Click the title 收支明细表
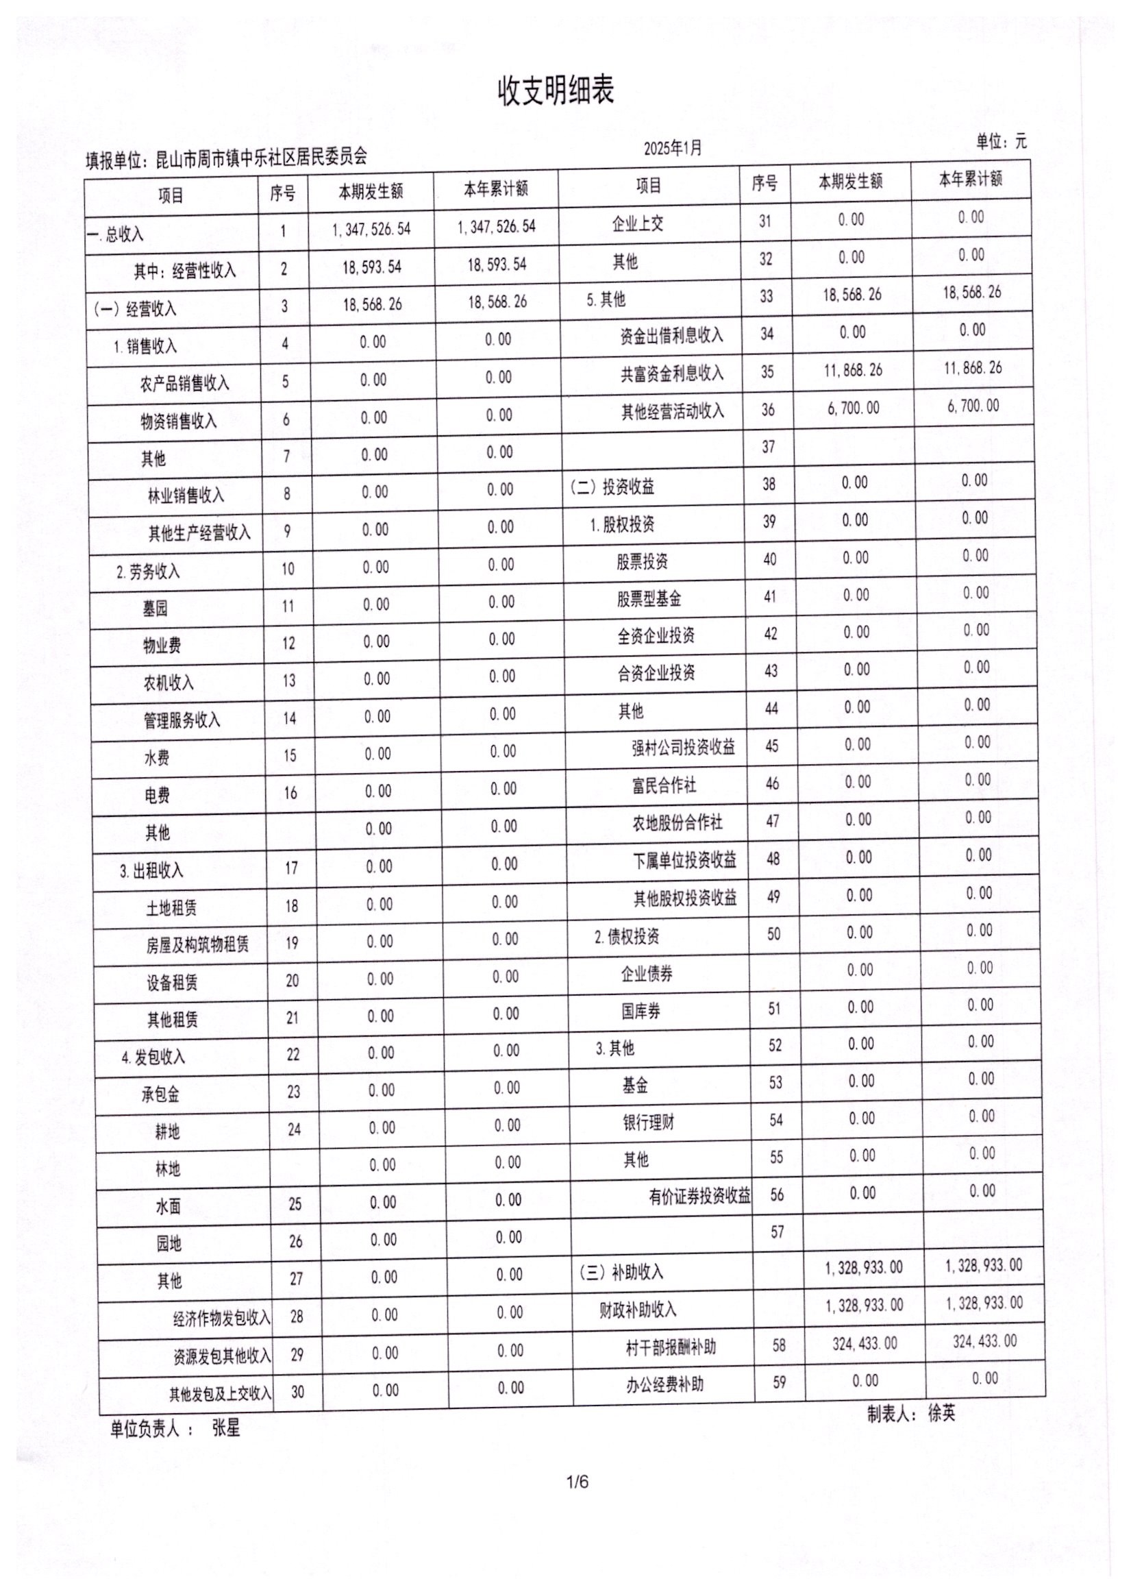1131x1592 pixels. [555, 91]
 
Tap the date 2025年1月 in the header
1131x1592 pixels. [672, 148]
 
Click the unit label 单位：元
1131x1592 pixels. [1001, 142]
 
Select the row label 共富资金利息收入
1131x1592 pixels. [672, 373]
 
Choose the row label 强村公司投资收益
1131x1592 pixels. [683, 748]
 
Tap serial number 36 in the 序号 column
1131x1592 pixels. [767, 409]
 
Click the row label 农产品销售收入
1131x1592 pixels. [184, 382]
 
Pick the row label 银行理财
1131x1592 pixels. [648, 1122]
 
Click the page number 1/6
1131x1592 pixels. [577, 1480]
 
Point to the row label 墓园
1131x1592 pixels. [156, 609]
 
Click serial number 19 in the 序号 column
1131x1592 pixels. [291, 943]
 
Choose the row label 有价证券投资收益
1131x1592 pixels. [699, 1197]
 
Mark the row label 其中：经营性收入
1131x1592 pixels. [185, 270]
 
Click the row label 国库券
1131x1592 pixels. [641, 1011]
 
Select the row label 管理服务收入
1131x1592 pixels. [182, 720]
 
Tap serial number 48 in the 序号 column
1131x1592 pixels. [773, 858]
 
